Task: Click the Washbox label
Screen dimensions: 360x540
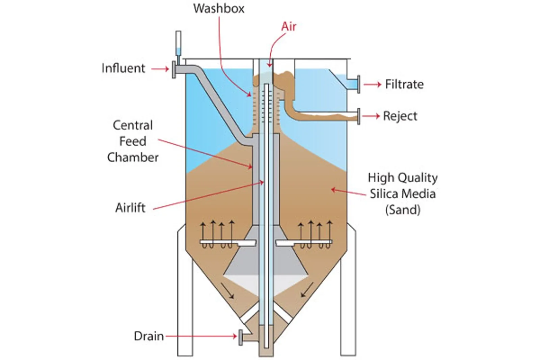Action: [219, 8]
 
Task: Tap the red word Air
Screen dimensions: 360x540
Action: [289, 26]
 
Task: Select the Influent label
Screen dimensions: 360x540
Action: [124, 68]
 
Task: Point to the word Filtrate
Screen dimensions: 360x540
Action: [404, 84]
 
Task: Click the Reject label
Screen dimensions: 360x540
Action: [400, 116]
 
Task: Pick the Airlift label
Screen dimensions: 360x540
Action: [131, 207]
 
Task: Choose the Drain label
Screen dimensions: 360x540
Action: [148, 336]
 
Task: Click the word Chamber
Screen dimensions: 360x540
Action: [133, 157]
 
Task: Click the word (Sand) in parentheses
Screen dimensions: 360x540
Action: [403, 210]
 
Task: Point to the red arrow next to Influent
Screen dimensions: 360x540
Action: [160, 69]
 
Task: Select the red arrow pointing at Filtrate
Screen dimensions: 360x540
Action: [372, 84]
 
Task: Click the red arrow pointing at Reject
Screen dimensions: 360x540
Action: [371, 116]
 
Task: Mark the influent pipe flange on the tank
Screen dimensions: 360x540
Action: [174, 70]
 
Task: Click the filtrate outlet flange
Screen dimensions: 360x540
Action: [358, 84]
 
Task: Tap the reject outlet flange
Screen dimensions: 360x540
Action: [358, 116]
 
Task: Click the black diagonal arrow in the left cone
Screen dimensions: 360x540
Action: [227, 290]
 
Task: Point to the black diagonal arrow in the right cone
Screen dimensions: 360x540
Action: [307, 290]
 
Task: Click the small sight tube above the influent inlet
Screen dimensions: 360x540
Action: [178, 44]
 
